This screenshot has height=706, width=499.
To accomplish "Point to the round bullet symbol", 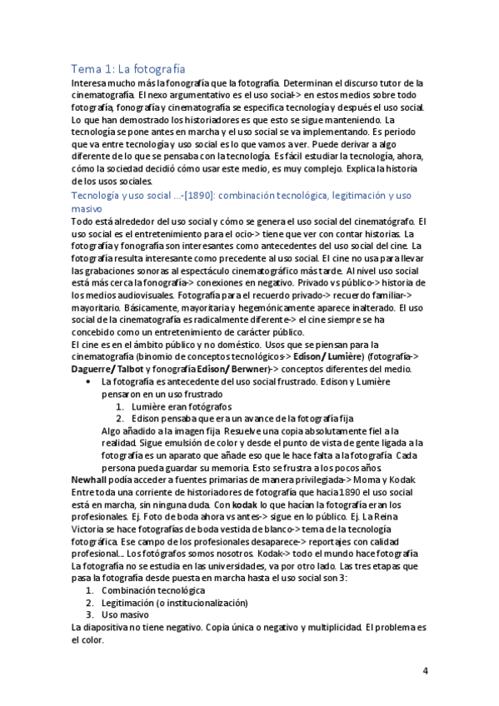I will pyautogui.click(x=88, y=380).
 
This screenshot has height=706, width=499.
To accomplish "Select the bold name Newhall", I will pyautogui.click(x=92, y=480).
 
